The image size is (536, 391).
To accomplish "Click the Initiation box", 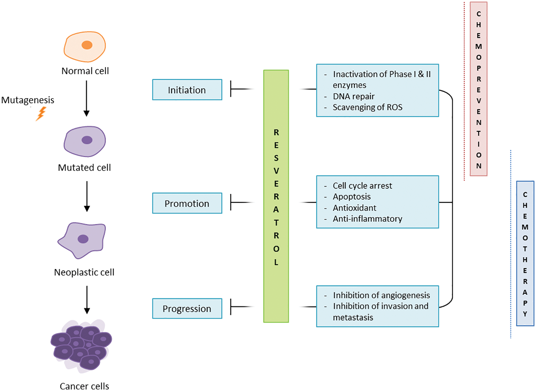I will coord(187,90).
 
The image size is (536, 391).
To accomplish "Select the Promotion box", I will coord(187,203).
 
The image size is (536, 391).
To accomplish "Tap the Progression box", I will coord(187,309).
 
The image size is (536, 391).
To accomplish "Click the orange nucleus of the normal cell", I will coord(87,45).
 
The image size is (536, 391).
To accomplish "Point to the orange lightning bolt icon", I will coord(41,114).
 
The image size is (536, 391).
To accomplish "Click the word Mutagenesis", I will coord(28,100).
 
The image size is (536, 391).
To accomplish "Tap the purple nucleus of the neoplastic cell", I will coord(83,239).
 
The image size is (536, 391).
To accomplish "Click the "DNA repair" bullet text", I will coord(353,97).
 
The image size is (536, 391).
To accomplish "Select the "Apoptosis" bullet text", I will coord(352,197).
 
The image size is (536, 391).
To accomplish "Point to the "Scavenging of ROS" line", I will coord(367,108).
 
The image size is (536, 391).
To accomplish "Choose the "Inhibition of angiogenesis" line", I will coord(381,295).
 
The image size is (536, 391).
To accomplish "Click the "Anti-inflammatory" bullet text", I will coord(367,219).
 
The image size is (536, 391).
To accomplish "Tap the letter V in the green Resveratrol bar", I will coord(276,171).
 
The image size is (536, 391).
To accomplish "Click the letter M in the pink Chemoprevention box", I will coord(479,47).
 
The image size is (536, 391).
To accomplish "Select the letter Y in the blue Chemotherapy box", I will coord(525,314).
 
